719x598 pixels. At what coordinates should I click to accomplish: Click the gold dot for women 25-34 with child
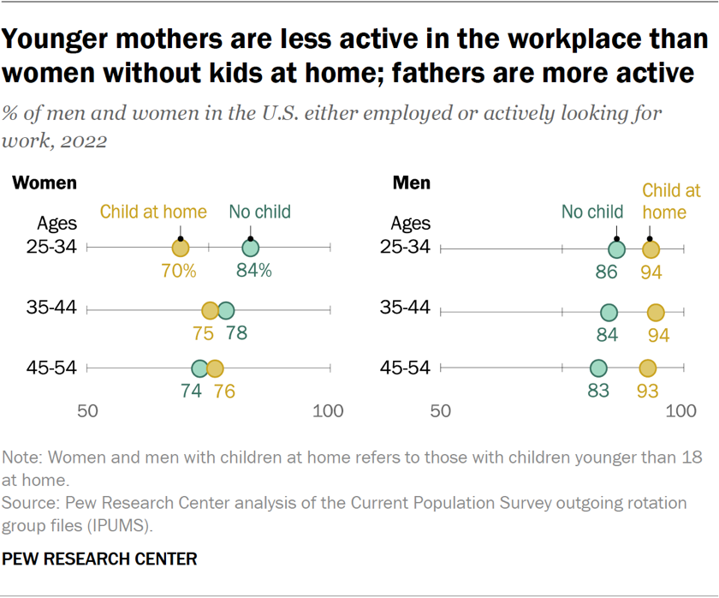click(180, 248)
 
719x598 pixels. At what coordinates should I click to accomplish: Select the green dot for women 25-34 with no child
click(250, 248)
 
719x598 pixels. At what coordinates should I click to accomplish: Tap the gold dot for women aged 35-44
click(210, 310)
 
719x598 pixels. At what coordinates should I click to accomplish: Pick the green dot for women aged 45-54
click(199, 368)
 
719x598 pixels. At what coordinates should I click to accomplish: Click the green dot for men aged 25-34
click(616, 249)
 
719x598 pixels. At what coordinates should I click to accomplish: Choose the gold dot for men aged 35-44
click(656, 310)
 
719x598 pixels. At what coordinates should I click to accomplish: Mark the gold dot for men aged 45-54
click(648, 368)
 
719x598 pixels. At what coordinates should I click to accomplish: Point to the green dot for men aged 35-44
click(609, 310)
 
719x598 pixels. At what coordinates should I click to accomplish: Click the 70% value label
click(179, 272)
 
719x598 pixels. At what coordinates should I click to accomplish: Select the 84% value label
click(254, 272)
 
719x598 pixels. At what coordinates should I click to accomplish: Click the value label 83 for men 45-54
click(597, 392)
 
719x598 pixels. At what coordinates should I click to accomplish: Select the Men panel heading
click(411, 183)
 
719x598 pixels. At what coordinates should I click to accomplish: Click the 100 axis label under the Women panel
click(328, 411)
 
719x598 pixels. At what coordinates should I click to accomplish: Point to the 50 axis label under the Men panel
click(440, 411)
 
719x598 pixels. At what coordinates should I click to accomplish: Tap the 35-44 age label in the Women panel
click(56, 308)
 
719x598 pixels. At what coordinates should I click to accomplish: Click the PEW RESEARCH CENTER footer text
click(100, 559)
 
